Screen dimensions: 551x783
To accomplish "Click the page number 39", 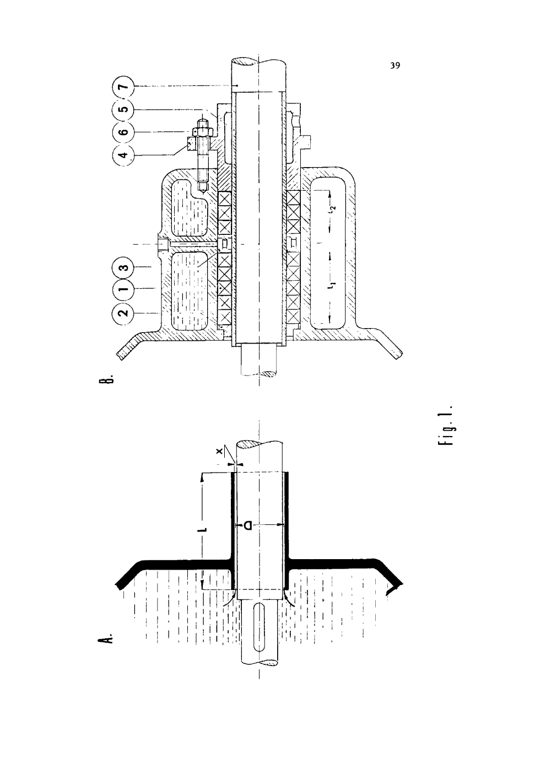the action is coord(395,66).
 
